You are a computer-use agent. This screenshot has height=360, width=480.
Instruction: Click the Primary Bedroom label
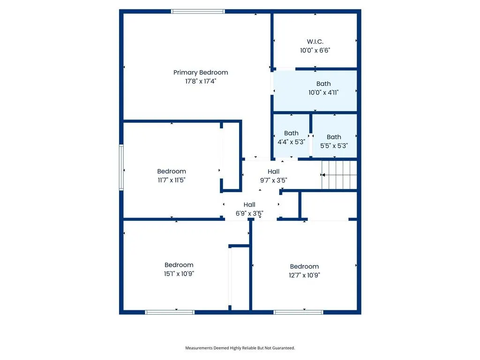(x=201, y=73)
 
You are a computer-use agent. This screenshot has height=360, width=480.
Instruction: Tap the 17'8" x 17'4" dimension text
(x=201, y=81)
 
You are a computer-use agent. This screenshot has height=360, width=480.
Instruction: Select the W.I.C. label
(x=315, y=42)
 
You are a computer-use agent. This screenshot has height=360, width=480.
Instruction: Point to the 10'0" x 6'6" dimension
(x=315, y=50)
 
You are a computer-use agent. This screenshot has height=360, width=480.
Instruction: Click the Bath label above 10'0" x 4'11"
(x=323, y=83)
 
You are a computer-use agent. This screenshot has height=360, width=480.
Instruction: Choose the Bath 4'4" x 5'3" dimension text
(x=291, y=142)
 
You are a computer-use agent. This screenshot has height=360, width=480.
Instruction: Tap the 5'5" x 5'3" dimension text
(x=334, y=146)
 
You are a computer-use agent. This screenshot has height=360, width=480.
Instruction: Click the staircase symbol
(x=339, y=175)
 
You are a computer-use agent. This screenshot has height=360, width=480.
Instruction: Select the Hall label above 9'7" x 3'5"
(x=273, y=172)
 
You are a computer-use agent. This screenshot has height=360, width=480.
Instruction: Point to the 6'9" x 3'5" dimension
(x=249, y=213)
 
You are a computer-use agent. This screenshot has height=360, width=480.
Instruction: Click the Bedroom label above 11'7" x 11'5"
(x=172, y=172)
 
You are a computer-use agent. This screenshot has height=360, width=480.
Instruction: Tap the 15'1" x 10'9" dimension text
(x=179, y=274)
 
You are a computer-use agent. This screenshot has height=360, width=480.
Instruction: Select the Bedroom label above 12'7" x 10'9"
(x=304, y=267)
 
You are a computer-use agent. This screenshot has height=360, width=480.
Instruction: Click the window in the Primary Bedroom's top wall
(x=198, y=12)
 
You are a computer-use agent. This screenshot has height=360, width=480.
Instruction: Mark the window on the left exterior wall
(x=121, y=167)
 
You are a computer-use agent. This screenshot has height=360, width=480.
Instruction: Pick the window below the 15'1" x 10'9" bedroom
(x=170, y=312)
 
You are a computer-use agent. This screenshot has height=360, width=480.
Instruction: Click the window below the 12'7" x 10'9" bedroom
(x=298, y=312)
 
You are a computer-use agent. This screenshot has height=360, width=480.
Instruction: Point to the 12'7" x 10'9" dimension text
(x=304, y=275)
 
